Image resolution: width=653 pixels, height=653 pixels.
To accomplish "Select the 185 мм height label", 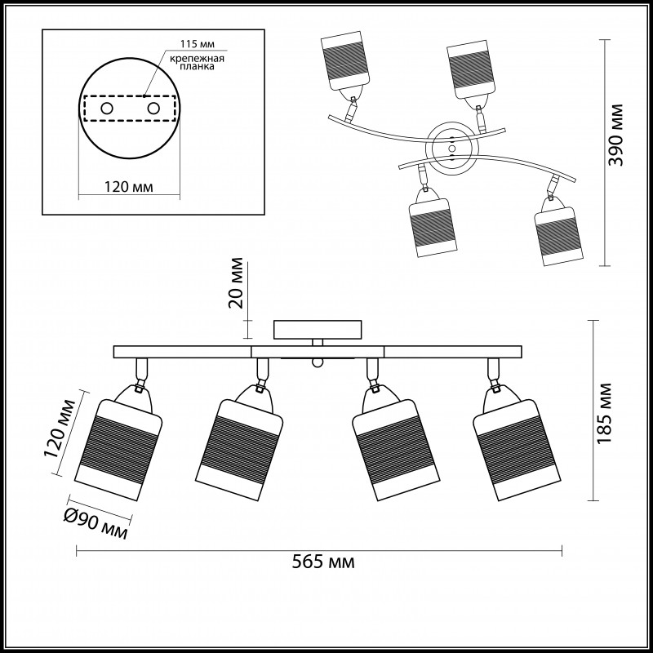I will pos(604,412).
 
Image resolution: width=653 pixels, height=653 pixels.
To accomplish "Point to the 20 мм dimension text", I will pos(236,283).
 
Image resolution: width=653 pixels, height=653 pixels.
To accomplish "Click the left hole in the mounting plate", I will pos(107,108).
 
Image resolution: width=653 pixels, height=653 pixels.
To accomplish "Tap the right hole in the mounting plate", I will pos(153,108).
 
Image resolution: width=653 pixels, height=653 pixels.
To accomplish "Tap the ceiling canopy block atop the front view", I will pos(318,328).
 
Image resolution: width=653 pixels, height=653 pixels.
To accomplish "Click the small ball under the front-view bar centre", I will pos(318,361).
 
